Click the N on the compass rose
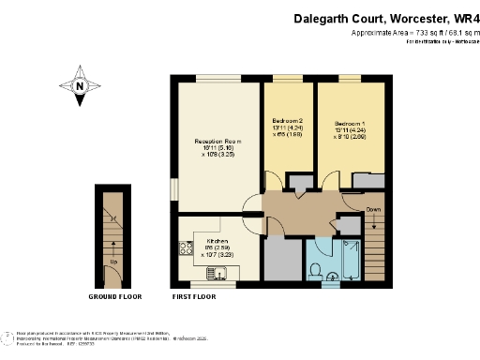point(82,86)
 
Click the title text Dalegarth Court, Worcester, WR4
point(384,17)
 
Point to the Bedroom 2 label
point(288,122)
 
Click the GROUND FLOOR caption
point(115,296)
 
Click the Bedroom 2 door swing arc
point(273,183)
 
